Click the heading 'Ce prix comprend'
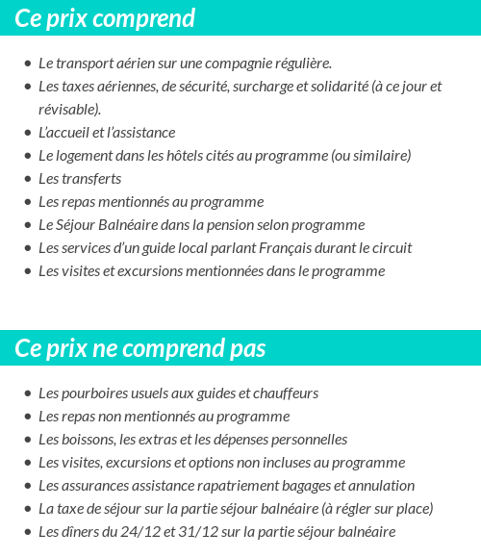tap(105, 18)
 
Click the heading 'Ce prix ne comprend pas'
tap(140, 348)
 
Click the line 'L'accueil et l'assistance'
tap(107, 133)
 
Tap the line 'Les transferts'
tap(80, 179)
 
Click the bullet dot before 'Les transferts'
tap(27, 179)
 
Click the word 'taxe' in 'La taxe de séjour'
tap(70, 509)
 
